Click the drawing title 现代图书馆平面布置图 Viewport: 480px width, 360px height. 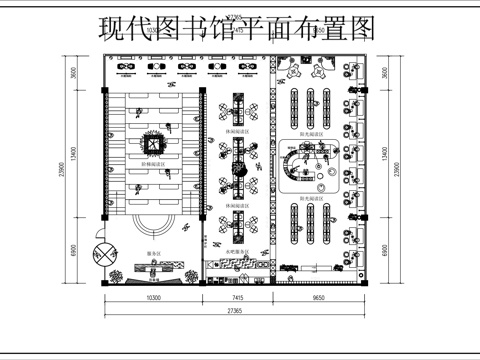coord(239,27)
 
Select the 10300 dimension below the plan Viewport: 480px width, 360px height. coord(153,298)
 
